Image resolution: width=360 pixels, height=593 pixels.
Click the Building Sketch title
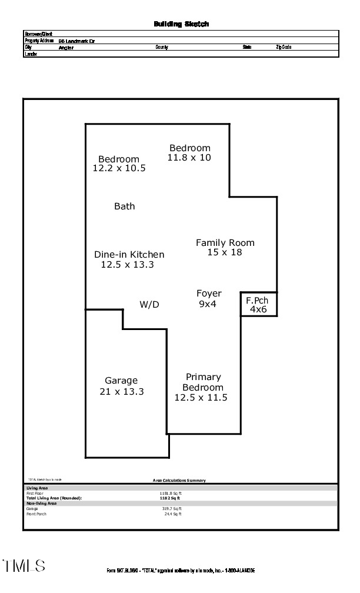pyautogui.click(x=181, y=24)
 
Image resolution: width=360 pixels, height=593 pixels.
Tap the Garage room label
pyautogui.click(x=121, y=381)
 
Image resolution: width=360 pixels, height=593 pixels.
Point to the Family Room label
pyautogui.click(x=225, y=242)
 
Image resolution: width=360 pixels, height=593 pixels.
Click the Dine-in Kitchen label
pyautogui.click(x=129, y=255)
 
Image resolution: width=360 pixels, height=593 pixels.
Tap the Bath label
pyautogui.click(x=124, y=206)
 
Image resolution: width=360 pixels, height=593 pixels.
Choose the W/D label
pyautogui.click(x=149, y=305)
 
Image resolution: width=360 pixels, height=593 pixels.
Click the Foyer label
pyautogui.click(x=209, y=294)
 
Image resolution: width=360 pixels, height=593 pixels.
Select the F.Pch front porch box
pyautogui.click(x=258, y=304)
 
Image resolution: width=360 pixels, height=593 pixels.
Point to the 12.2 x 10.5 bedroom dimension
pyautogui.click(x=119, y=168)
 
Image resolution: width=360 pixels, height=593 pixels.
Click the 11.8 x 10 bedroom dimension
pyautogui.click(x=189, y=158)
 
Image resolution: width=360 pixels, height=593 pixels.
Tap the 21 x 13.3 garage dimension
pyautogui.click(x=122, y=392)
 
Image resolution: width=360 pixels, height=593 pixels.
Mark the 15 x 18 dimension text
pyautogui.click(x=225, y=252)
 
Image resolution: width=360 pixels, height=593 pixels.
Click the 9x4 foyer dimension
pyautogui.click(x=208, y=304)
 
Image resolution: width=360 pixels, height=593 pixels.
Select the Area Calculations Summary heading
pyautogui.click(x=179, y=481)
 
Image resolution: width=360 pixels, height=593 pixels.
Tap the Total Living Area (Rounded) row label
pyautogui.click(x=54, y=498)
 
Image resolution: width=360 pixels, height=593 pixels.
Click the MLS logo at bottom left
pyautogui.click(x=24, y=566)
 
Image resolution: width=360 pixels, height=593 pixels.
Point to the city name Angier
pyautogui.click(x=66, y=48)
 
